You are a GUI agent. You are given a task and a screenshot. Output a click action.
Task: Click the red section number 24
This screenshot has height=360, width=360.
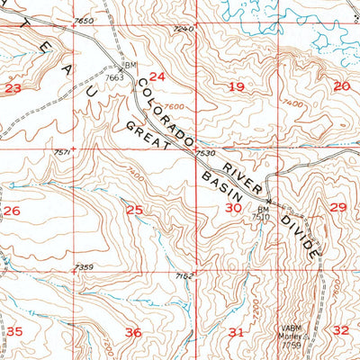(x=157, y=77)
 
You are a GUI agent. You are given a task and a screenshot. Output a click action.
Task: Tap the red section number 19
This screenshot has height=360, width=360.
(x=237, y=87)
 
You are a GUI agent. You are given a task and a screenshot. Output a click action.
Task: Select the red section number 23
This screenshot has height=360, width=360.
(x=13, y=88)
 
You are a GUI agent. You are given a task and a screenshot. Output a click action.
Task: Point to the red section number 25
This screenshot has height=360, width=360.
(x=134, y=211)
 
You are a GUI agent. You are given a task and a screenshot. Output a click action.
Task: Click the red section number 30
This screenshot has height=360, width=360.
(x=232, y=208)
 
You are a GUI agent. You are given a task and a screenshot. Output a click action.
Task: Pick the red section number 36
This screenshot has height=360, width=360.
(x=133, y=333)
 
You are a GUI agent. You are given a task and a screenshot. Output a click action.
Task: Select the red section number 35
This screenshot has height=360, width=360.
(x=14, y=331)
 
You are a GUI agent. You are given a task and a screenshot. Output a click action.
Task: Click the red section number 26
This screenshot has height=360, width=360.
(x=12, y=211)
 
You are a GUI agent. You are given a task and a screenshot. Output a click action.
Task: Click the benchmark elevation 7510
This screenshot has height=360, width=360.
(x=260, y=217)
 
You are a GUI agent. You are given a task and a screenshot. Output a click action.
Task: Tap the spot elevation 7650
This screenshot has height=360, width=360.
(x=85, y=20)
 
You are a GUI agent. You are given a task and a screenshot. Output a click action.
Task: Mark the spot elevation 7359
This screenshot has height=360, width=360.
(x=85, y=266)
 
